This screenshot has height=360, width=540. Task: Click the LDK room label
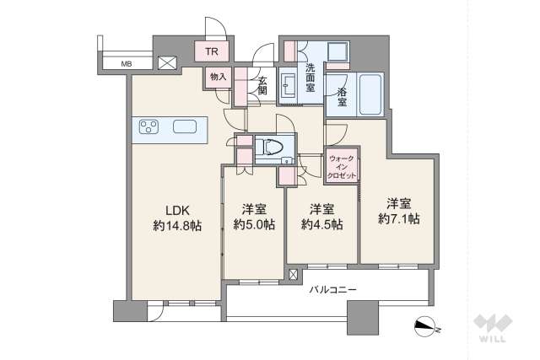(x=178, y=210)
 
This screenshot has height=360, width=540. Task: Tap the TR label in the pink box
(x=212, y=51)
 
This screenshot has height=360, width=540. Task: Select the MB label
(x=126, y=64)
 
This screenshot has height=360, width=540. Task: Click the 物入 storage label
(x=219, y=77)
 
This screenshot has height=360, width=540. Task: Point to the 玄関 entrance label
(x=262, y=86)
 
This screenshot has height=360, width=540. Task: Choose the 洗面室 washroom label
(x=310, y=78)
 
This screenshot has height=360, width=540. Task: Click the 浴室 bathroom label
(x=342, y=97)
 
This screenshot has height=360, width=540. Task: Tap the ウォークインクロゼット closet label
(x=342, y=167)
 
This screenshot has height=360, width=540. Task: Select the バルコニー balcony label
(x=332, y=290)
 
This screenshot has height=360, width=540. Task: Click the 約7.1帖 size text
(x=399, y=218)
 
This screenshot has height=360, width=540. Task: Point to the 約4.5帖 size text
(x=321, y=224)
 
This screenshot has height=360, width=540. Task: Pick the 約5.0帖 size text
(x=254, y=224)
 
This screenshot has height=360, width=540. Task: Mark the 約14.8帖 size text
(x=178, y=225)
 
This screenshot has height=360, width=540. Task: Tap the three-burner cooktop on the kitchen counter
(x=148, y=126)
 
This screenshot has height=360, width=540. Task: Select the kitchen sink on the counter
(x=185, y=126)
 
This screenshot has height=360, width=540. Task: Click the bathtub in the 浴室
(x=371, y=94)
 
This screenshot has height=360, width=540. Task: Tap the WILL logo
(x=493, y=328)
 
